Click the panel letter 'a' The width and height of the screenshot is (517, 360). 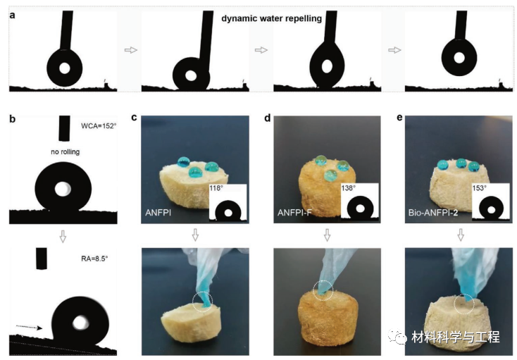12,15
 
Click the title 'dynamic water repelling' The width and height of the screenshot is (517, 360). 271,18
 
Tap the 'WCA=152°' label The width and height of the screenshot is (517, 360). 99,126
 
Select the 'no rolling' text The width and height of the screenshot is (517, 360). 66,152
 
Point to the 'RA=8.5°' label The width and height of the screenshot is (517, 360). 94,259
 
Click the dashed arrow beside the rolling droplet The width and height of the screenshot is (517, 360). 30,327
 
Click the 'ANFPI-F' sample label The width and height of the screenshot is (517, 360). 294,213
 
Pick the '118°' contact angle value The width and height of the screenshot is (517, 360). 216,188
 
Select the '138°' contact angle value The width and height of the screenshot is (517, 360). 349,188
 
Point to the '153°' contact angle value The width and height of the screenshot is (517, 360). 480,188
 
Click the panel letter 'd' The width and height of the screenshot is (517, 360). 268,118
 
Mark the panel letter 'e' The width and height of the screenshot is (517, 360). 399,118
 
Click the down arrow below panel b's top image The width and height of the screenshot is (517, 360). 63,237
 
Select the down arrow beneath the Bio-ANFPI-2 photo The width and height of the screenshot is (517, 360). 461,235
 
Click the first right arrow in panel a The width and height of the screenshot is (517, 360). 130,50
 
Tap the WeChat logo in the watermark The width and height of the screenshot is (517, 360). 398,336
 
